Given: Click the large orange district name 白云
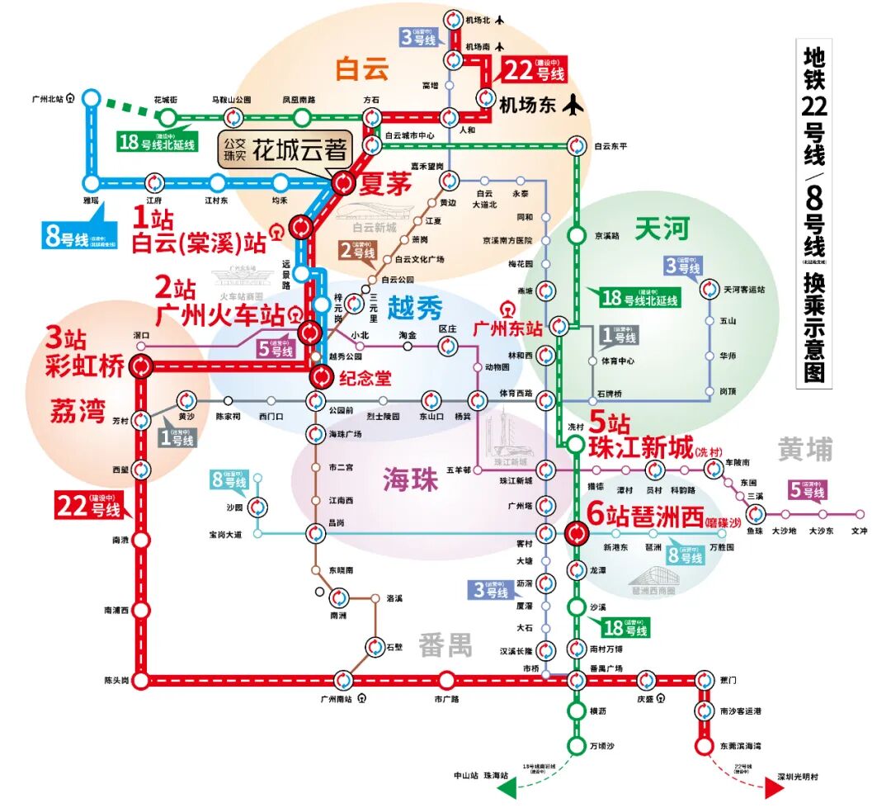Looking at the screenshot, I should [x=361, y=69].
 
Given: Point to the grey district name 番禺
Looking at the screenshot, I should [x=445, y=644].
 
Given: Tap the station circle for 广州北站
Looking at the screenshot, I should [x=92, y=99].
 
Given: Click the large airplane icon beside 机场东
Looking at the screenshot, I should [x=572, y=105].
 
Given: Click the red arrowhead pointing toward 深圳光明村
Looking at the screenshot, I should [x=773, y=789].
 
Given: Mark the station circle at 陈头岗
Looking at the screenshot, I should [x=141, y=681].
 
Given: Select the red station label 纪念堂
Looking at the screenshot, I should [x=363, y=378].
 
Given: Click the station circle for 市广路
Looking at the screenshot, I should [x=446, y=681].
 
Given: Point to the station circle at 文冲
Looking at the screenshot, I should [x=860, y=513].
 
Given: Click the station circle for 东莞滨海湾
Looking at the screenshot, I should [x=704, y=746].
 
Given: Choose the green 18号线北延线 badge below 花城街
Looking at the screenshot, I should [x=158, y=141].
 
